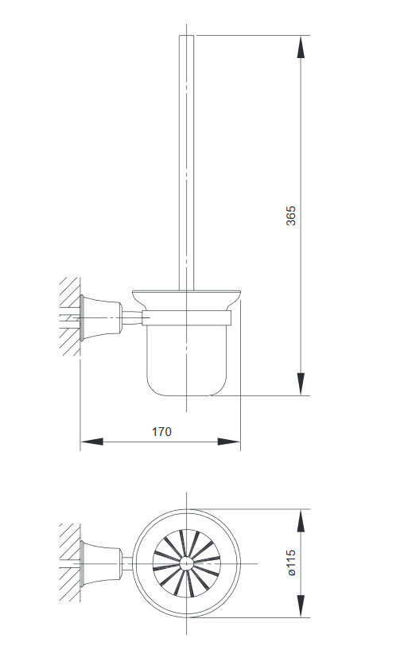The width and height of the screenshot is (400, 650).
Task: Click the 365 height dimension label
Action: [x=291, y=216]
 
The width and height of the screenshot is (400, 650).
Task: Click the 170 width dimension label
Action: [x=161, y=432]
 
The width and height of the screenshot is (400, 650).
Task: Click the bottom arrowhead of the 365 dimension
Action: [x=301, y=384]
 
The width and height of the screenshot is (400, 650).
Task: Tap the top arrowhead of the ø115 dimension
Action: [x=301, y=521]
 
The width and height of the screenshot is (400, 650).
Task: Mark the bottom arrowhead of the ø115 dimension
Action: [x=301, y=606]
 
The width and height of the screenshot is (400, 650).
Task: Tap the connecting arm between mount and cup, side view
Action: [x=131, y=319]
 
